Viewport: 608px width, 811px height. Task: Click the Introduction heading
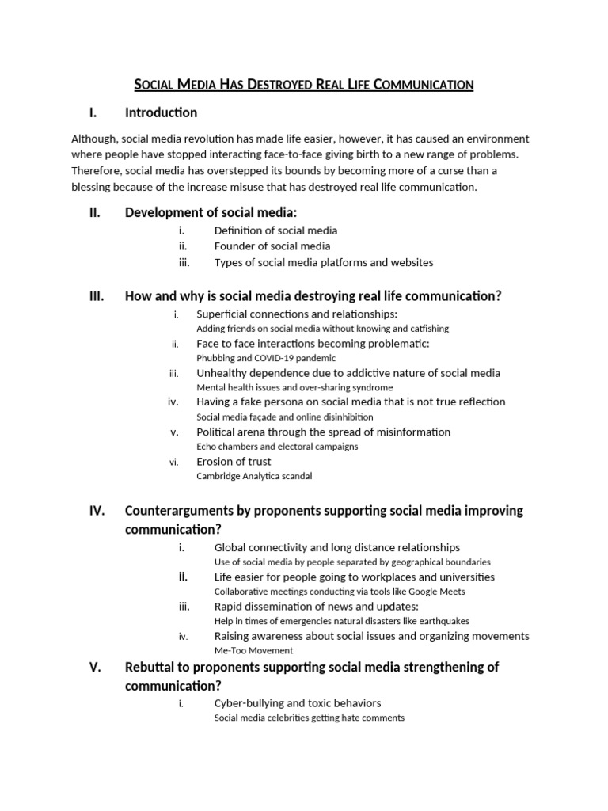[161, 112]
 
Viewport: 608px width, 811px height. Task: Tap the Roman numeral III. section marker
[96, 296]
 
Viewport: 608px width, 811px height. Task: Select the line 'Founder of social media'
[272, 246]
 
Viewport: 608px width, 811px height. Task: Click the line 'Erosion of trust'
[234, 462]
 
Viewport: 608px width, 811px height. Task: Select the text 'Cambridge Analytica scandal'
[254, 476]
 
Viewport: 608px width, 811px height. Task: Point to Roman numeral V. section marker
[96, 668]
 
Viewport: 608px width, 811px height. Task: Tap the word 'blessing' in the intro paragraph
[93, 188]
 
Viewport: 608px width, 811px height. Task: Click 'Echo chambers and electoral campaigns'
[277, 447]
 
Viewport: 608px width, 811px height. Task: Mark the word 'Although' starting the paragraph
[94, 139]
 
